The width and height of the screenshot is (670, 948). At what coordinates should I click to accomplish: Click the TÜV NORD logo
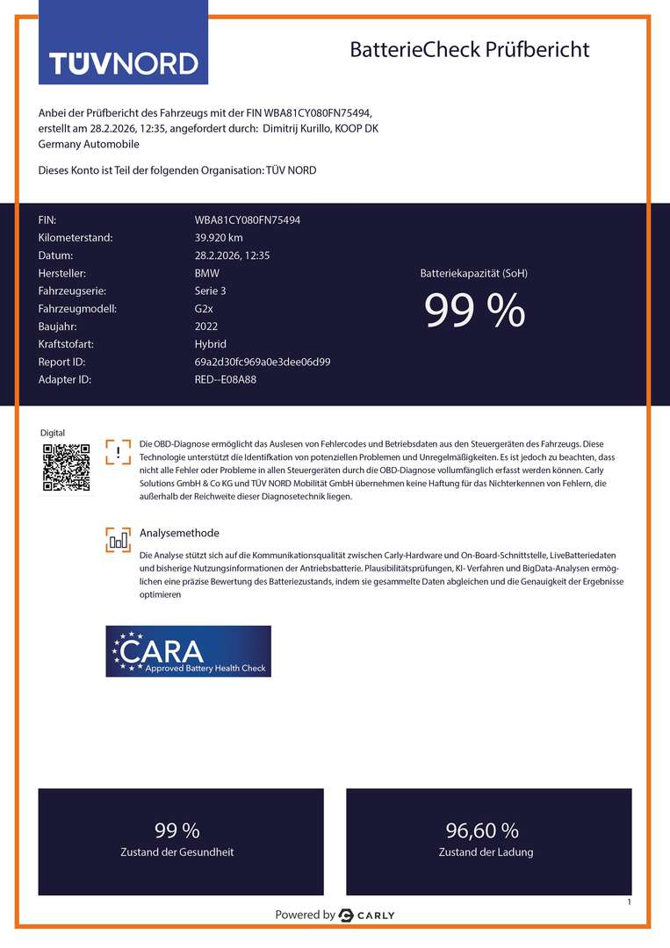point(123,62)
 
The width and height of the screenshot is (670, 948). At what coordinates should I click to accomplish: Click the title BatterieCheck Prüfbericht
point(469,49)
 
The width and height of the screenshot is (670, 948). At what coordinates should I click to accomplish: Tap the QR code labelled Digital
point(67,467)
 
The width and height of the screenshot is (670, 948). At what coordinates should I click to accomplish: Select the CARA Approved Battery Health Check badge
point(188,651)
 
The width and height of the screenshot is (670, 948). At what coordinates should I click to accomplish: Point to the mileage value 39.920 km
point(219,237)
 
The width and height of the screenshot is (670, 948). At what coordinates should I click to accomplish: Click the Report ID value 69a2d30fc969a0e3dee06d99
point(263,362)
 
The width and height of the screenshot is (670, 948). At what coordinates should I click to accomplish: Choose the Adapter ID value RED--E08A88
point(226,379)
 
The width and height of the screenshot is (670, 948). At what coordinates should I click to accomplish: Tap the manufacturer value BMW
point(207,273)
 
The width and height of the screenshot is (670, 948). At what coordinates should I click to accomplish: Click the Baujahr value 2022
point(206,326)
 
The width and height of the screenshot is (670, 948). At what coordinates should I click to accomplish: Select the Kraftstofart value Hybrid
point(210,344)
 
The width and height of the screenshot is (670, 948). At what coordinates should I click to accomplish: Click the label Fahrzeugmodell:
point(77,308)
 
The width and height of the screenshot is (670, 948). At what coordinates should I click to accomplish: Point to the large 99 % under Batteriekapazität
point(474,311)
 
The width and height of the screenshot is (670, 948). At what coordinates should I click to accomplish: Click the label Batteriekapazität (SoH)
point(474,273)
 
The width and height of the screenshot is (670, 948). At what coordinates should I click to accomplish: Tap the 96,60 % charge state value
point(482,830)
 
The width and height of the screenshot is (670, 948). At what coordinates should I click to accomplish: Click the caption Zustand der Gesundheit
point(177,851)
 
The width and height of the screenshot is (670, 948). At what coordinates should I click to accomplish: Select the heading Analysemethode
point(179,533)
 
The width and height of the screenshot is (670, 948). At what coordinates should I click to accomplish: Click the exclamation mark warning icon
point(118,452)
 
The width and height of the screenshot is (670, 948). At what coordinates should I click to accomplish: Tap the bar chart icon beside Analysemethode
point(118,540)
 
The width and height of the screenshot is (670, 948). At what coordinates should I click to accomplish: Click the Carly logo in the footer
point(367,915)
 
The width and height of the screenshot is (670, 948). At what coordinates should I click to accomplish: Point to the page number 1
point(630,902)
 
